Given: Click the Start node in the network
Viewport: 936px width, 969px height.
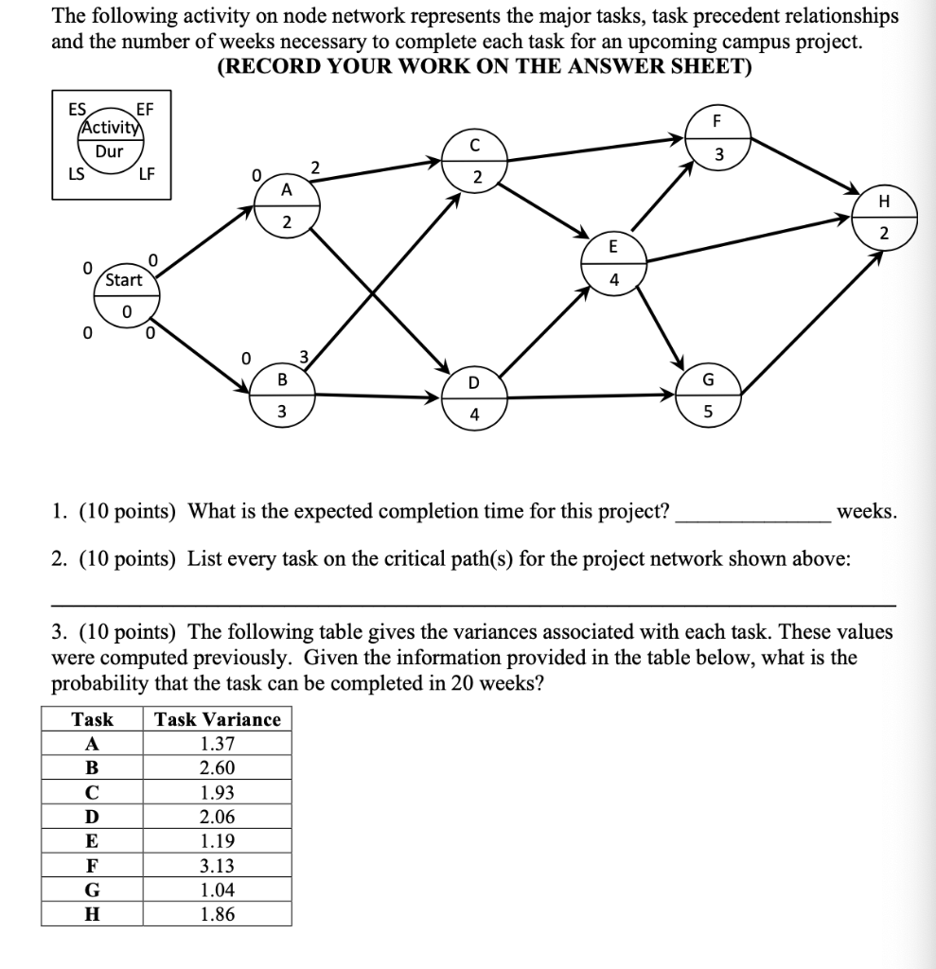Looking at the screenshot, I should [124, 294].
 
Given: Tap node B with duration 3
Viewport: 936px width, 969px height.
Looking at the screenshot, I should [282, 395].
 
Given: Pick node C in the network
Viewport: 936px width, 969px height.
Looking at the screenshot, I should [475, 162].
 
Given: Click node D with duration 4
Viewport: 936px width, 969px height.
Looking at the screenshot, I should [474, 397].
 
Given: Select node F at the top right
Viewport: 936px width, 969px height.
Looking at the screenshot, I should [717, 137].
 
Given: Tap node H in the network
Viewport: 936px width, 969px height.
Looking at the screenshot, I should [884, 217].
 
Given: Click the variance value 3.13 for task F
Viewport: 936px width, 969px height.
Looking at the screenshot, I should [218, 866].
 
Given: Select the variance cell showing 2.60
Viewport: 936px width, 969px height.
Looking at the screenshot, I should [218, 768].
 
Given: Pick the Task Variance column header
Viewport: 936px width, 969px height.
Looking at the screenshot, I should [218, 719].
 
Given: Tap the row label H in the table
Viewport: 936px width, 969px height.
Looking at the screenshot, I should [92, 914].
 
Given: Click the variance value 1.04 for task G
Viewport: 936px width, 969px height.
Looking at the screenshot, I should [218, 890].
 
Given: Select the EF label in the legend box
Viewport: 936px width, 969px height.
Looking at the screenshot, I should [146, 110].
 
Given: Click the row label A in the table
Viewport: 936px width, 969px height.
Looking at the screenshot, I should [92, 744].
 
